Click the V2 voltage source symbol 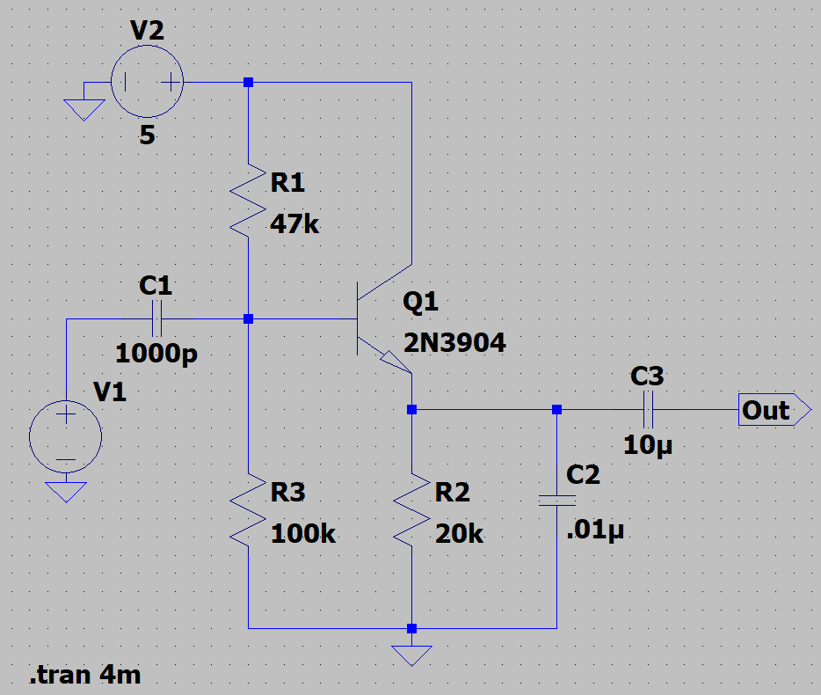pos(147,83)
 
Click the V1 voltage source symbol pos(66,436)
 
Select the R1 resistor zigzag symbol pos(248,199)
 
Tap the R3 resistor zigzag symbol pos(248,508)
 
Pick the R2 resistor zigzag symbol pos(411,508)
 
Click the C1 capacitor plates pos(157,318)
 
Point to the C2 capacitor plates pos(556,501)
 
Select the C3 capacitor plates pos(648,409)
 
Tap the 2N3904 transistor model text pos(454,343)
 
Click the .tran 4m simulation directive pos(85,676)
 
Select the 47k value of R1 pos(294,224)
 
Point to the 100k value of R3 pos(303,533)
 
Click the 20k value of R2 pos(459,533)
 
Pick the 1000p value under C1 pos(156,354)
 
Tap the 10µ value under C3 pos(647,444)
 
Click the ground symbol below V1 pos(66,490)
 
